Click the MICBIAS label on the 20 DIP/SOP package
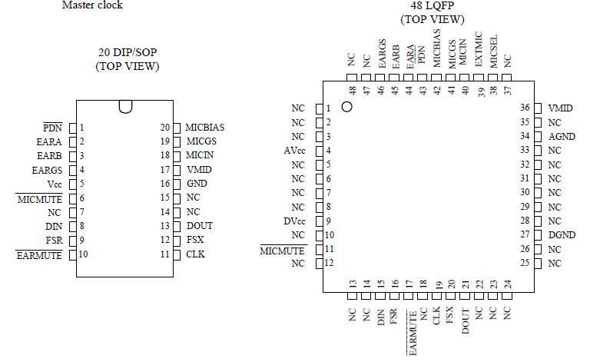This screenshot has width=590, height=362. (x=205, y=128)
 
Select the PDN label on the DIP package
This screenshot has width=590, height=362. (x=52, y=128)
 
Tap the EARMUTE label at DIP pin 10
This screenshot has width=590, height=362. (x=38, y=254)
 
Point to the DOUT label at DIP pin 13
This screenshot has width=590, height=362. (x=200, y=226)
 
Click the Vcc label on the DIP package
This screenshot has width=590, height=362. (x=54, y=184)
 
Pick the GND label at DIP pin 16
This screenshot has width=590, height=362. (x=196, y=184)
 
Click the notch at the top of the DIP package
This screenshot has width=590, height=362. (x=126, y=107)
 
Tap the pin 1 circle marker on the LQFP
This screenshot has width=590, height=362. (x=346, y=108)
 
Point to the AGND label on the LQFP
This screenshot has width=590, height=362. (x=562, y=137)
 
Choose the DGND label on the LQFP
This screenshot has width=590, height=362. (x=562, y=235)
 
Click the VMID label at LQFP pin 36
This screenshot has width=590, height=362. (x=561, y=108)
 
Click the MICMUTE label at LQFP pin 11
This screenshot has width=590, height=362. (x=283, y=250)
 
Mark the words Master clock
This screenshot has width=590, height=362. (x=92, y=5)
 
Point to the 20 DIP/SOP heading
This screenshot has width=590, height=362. (x=128, y=52)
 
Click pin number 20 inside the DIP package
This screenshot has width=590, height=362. (x=165, y=128)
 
